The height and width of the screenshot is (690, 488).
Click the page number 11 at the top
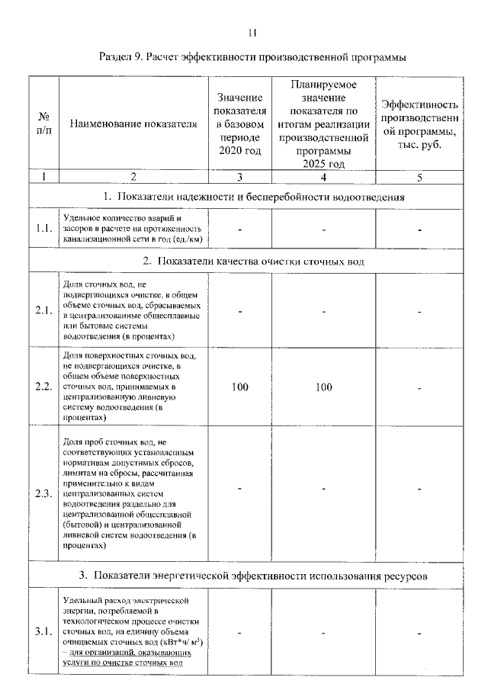point(253,32)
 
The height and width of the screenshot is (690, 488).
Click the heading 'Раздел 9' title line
point(252,57)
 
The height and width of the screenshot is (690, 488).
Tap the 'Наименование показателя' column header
point(133,124)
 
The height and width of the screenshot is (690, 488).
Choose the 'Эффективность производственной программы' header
point(419,124)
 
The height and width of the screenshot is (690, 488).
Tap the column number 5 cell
point(419,178)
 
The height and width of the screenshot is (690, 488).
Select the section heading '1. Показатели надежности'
point(253,197)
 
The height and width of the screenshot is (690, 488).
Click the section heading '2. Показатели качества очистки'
point(253,262)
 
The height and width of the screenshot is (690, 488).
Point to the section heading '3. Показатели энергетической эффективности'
point(253,574)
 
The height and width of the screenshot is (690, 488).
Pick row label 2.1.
point(44,310)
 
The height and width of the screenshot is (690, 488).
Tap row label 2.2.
point(44,387)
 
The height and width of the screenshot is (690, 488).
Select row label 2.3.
point(44,493)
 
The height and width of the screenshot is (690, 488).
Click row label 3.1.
point(44,632)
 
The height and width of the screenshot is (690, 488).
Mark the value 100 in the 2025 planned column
point(324,387)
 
